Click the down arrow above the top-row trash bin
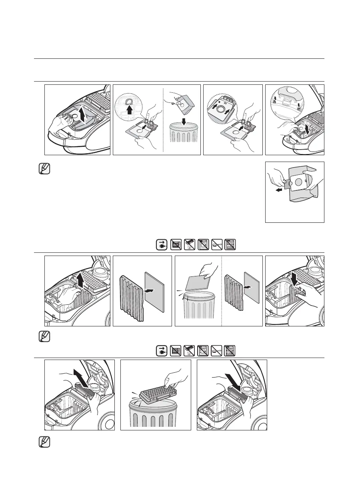point(183,109)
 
